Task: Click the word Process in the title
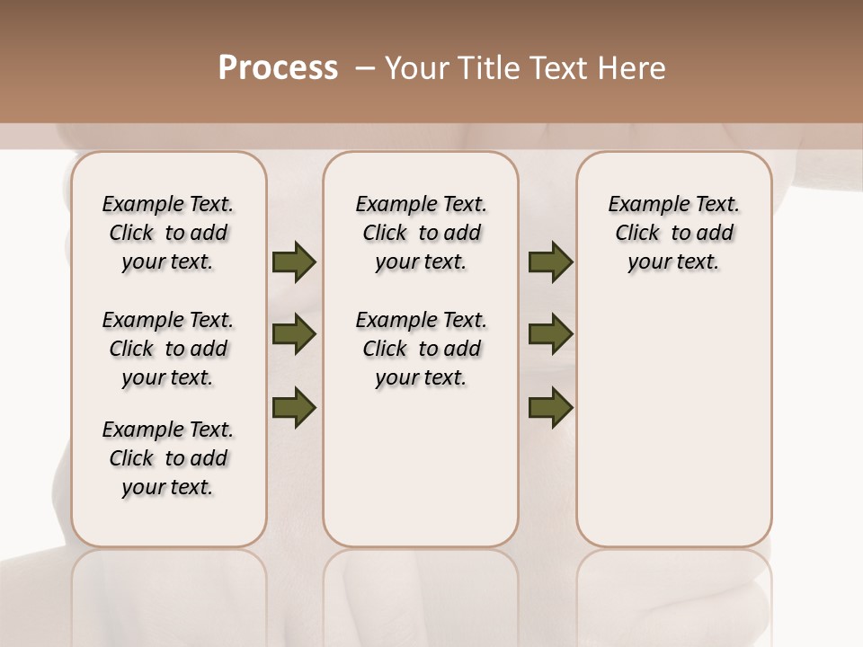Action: [x=278, y=68]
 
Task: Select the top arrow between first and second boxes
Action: [x=294, y=261]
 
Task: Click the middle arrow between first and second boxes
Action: [x=294, y=335]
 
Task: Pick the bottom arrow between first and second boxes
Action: [x=294, y=406]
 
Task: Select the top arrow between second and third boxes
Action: [x=550, y=261]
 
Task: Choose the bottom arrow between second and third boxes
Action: [x=550, y=407]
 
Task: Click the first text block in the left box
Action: [x=168, y=233]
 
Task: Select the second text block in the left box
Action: [x=168, y=349]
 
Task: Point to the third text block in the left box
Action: [x=168, y=458]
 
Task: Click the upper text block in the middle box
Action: [x=421, y=233]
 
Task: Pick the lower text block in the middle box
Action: [x=421, y=349]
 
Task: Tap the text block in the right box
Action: [x=673, y=233]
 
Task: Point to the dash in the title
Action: [x=365, y=68]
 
